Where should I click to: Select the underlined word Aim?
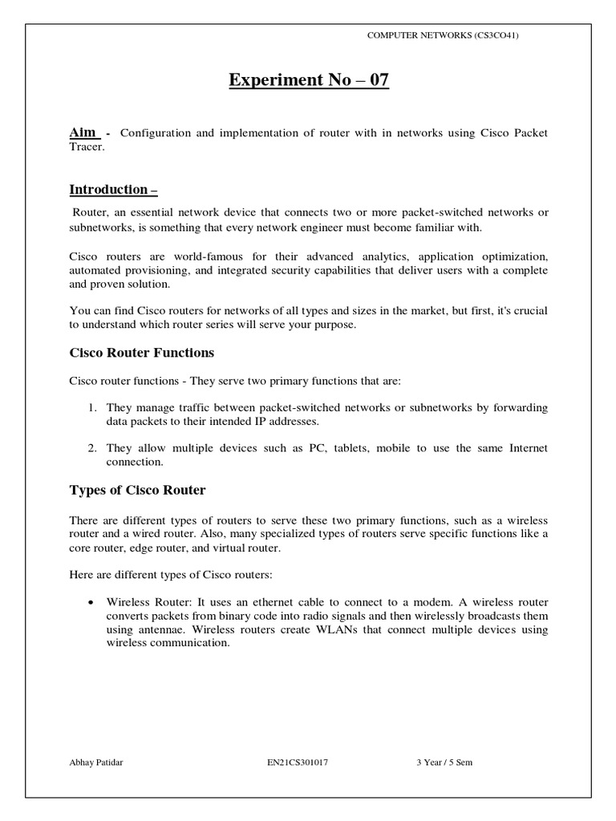pos(83,131)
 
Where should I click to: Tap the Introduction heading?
pos(113,189)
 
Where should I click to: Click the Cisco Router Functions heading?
pos(141,353)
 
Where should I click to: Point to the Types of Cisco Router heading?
pos(138,491)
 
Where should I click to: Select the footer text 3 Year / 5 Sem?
pos(444,762)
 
